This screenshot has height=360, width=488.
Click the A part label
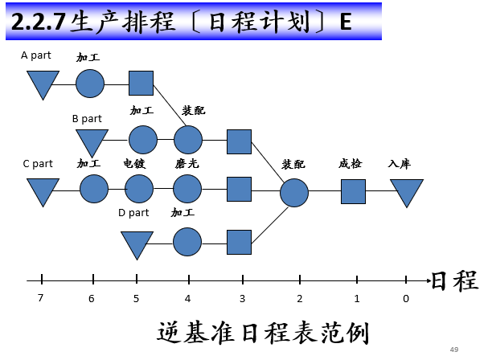tap(35, 55)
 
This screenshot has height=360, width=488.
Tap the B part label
tap(86, 118)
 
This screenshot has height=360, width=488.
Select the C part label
tap(38, 164)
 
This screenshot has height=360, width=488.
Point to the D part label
tap(133, 213)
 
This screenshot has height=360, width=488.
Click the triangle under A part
tap(43, 84)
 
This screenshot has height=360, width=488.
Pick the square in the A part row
tap(141, 83)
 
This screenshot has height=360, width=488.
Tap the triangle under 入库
tap(406, 191)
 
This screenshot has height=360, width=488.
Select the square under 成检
tap(353, 191)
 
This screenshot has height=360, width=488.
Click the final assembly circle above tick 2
tap(294, 192)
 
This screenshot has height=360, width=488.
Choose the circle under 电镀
tap(138, 190)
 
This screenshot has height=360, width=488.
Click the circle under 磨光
tap(187, 190)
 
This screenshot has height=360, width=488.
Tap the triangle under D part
tap(136, 243)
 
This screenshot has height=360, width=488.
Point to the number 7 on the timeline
tap(40, 298)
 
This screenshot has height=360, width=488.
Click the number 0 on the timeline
tap(405, 298)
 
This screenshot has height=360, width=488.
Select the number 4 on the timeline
tap(188, 298)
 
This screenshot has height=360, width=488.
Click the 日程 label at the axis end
tap(454, 280)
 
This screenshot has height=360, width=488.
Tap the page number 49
tap(453, 349)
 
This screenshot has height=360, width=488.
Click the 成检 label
tap(350, 164)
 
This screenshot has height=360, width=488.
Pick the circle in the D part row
tap(187, 242)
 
